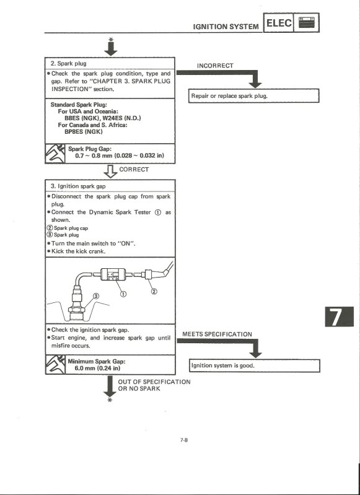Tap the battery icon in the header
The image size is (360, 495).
tap(307, 24)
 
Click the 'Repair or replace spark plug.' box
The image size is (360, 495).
tap(253, 97)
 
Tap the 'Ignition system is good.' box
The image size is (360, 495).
tap(253, 366)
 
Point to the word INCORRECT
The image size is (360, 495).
tap(215, 66)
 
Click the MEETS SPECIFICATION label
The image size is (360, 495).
tap(217, 335)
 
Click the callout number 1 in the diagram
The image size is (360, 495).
tap(123, 294)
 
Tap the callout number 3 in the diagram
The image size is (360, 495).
tap(95, 297)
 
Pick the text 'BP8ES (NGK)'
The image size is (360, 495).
tap(84, 131)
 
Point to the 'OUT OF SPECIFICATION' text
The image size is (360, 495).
tap(154, 382)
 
